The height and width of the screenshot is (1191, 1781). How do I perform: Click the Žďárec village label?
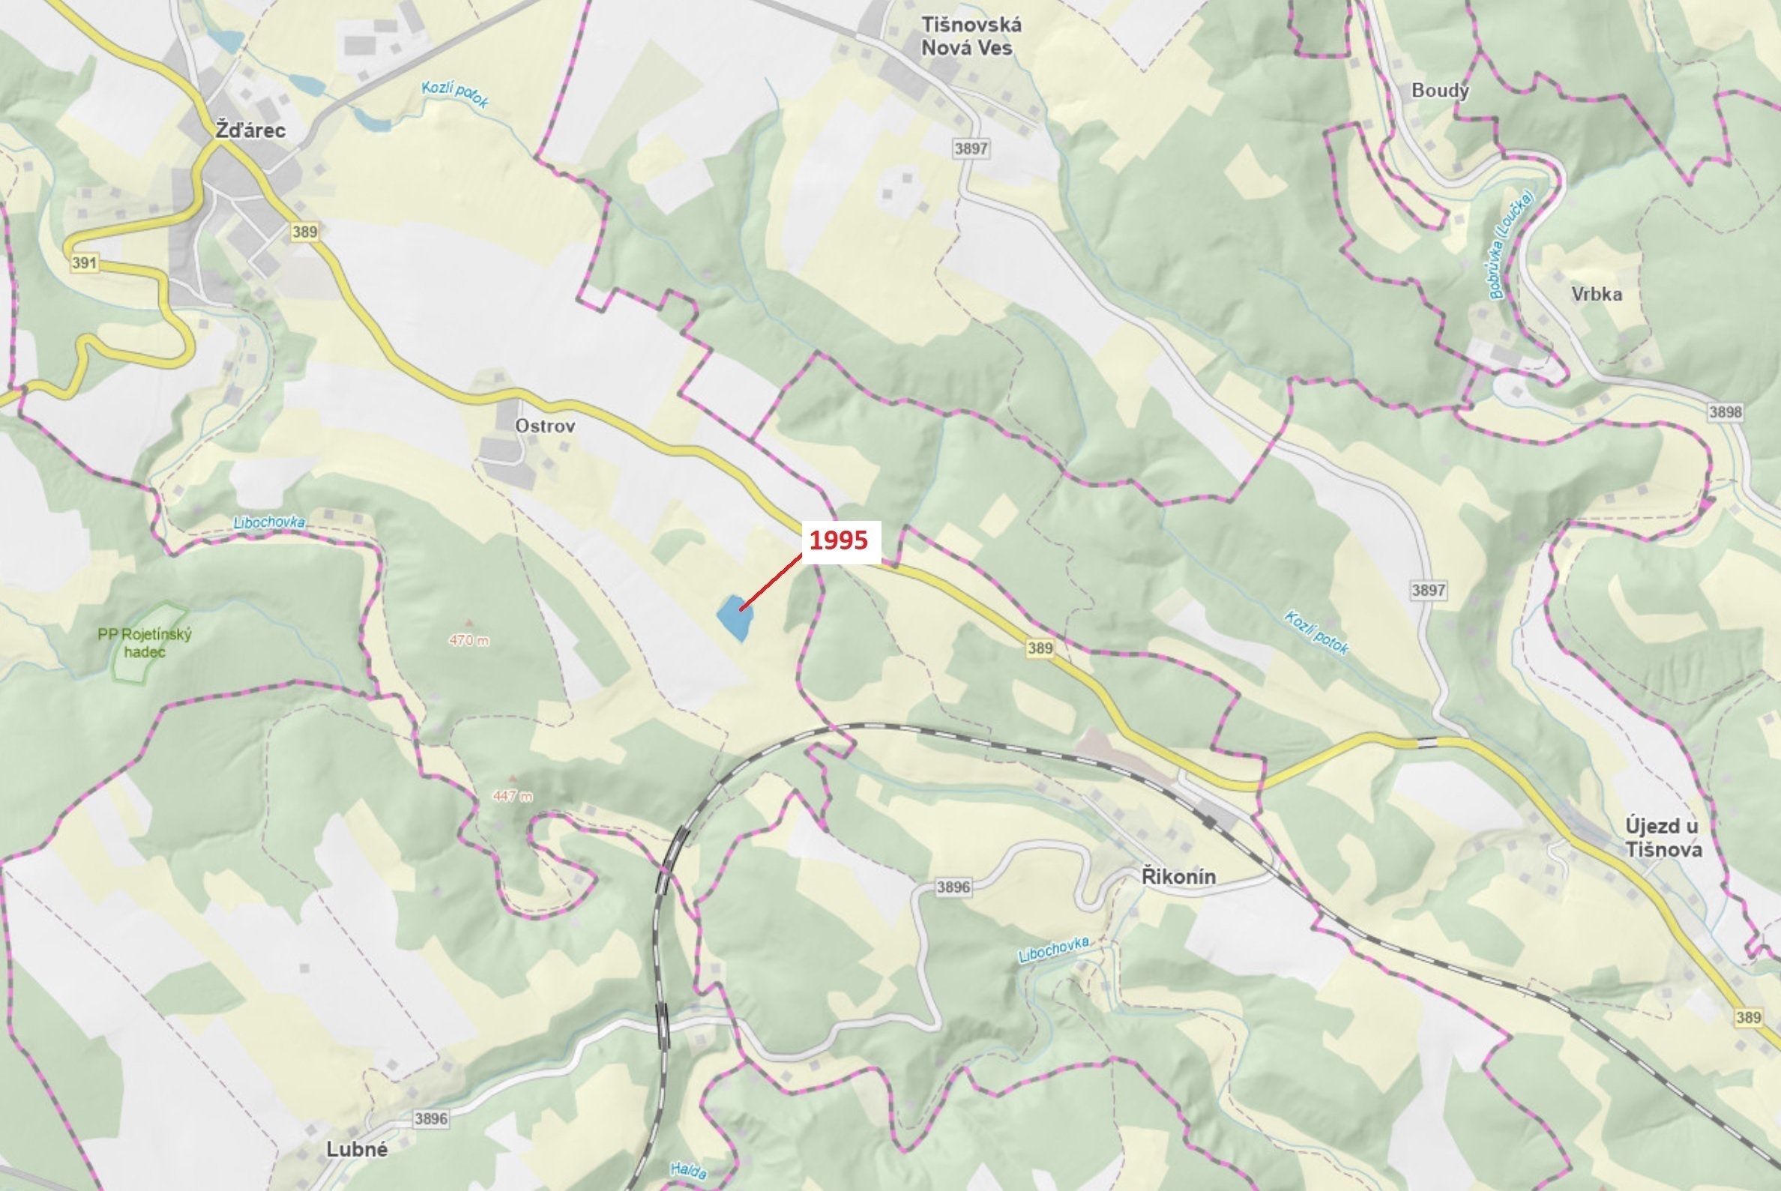pos(250,130)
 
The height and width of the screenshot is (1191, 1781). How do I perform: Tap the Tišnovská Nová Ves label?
pos(971,37)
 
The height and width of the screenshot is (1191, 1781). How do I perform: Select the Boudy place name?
pos(1439,91)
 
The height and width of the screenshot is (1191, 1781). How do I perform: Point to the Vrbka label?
pos(1597,294)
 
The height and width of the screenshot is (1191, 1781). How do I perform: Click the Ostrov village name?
pos(544,426)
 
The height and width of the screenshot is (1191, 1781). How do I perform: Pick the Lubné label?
pos(357,1149)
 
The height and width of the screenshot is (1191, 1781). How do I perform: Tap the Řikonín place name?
pos(1178,876)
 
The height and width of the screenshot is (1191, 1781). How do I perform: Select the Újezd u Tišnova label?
pos(1663,837)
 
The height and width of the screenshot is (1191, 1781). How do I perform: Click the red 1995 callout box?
pos(839,541)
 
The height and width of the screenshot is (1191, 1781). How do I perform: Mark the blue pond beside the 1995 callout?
pos(734,618)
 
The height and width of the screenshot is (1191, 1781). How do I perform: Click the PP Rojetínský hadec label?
pos(145,642)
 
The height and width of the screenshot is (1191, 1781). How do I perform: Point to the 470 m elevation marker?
pos(468,640)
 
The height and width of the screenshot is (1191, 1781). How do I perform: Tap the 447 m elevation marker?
pos(512,796)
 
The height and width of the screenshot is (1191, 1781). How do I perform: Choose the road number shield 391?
pos(84,263)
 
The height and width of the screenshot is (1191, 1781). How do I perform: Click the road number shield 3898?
pos(1725,411)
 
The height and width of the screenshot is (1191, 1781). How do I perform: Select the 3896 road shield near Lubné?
pos(430,1118)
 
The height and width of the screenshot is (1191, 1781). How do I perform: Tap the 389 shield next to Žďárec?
pos(304,232)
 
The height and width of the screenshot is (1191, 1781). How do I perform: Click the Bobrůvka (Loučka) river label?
pos(1511,244)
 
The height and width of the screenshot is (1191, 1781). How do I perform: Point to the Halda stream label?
pos(688,1171)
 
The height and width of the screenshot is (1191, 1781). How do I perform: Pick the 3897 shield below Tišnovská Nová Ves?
pos(971,148)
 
